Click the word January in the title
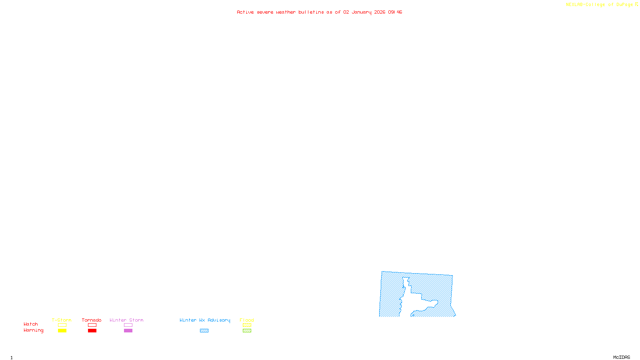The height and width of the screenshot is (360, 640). pos(361,12)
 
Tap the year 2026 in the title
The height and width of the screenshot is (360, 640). pos(380,12)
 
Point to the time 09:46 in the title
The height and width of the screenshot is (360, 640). pos(395,12)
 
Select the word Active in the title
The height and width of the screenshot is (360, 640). pos(245,12)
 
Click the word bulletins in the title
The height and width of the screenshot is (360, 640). pos(311,12)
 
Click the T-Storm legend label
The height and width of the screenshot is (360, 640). pos(62,320)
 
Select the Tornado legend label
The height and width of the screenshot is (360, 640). pos(92,320)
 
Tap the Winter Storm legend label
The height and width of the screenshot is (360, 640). pos(126,320)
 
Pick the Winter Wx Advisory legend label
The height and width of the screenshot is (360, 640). pos(205,320)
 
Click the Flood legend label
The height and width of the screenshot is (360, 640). pos(247,320)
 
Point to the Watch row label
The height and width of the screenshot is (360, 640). pos(31,324)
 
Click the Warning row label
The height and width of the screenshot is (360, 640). pos(33,330)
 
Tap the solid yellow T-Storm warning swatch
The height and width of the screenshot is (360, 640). pos(62,331)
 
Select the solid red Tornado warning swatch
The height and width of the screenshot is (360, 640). pos(92,331)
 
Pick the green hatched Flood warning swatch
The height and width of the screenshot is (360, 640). pos(247,331)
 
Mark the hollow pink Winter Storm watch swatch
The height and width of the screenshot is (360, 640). pos(128,325)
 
